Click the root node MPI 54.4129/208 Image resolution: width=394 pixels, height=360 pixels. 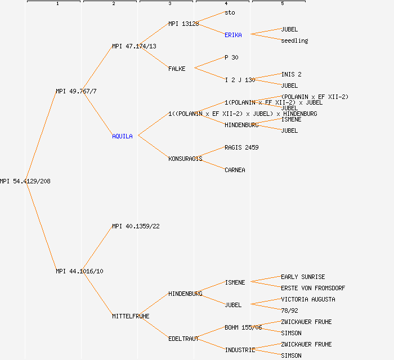(25, 181)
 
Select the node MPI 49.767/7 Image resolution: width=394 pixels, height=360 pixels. (76, 91)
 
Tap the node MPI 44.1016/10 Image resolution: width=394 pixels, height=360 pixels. (79, 271)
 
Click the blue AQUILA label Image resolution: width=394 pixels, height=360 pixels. (122, 136)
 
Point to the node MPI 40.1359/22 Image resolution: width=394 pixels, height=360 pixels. (136, 226)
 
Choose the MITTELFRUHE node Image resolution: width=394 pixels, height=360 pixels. (131, 316)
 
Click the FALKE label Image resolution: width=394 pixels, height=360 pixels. (177, 69)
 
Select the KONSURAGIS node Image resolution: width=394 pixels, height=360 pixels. (185, 159)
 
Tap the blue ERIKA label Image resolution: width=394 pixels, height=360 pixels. (233, 35)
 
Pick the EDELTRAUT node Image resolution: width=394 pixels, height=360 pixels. (183, 339)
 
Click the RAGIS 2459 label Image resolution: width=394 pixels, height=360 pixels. (241, 147)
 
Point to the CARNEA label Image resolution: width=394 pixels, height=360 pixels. (235, 170)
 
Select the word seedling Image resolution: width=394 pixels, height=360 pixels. (294, 40)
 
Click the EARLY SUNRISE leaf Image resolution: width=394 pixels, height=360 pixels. (303, 277)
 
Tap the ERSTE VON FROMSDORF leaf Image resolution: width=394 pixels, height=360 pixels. (313, 288)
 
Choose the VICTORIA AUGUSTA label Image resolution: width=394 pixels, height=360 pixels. (308, 299)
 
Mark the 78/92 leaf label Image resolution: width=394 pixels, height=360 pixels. (289, 310)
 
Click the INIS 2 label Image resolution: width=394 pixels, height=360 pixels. (291, 74)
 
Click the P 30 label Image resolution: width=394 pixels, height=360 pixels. (231, 57)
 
